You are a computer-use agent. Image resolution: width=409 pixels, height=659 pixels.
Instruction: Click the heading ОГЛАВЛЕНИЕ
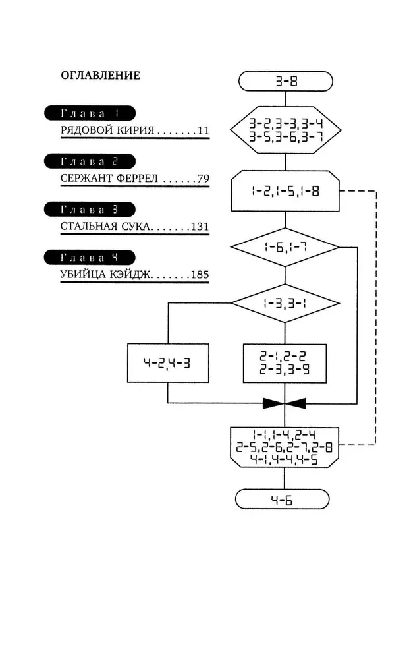tap(100, 76)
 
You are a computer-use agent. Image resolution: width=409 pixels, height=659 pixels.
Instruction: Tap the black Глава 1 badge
tap(90, 112)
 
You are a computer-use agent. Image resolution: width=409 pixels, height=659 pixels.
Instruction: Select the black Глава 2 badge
tap(90, 161)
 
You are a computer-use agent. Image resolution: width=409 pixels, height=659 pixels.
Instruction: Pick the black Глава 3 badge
tap(90, 210)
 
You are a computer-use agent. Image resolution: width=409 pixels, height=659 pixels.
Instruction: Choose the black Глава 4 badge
tap(90, 257)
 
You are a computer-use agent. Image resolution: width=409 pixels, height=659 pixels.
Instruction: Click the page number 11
tap(202, 130)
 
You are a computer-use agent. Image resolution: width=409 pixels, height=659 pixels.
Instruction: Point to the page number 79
tap(202, 179)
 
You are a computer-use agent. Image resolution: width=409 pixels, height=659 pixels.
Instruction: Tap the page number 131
tap(200, 227)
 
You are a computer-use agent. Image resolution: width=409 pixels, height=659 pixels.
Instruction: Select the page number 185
tap(200, 274)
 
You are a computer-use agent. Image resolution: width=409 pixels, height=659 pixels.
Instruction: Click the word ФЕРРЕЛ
tap(135, 179)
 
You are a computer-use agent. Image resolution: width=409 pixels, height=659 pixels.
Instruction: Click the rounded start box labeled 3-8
tap(285, 82)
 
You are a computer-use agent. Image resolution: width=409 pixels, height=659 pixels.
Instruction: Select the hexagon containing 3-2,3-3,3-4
tap(285, 129)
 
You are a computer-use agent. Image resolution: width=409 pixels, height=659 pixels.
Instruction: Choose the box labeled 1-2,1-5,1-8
tap(285, 192)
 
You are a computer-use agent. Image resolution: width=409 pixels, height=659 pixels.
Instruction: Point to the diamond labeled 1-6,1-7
tap(285, 247)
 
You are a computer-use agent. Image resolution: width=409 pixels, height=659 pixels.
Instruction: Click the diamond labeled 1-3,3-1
tap(285, 303)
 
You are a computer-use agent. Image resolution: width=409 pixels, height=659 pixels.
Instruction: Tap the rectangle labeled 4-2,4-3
tap(168, 363)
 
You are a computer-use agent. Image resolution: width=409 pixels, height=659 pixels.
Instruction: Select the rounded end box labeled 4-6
tap(285, 500)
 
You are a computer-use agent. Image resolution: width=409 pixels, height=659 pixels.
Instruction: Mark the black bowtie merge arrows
tap(285, 403)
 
